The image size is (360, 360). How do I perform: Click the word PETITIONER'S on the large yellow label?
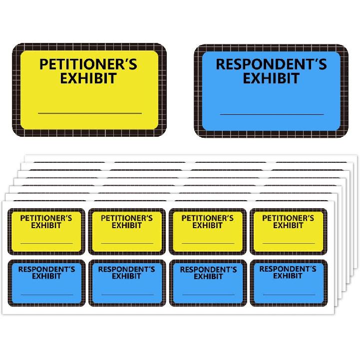click(x=88, y=64)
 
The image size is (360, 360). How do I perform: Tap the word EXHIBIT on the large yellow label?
click(x=88, y=78)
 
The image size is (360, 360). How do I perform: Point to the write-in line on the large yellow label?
click(x=90, y=113)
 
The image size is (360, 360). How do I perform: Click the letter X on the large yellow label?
click(x=73, y=78)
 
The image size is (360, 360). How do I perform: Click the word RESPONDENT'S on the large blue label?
click(x=271, y=64)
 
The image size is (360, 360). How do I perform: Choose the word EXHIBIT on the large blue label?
click(x=271, y=78)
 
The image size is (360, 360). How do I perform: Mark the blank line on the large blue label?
click(x=272, y=114)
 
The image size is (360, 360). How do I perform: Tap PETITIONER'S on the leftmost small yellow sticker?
click(x=46, y=218)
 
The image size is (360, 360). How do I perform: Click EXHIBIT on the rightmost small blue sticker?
click(x=288, y=276)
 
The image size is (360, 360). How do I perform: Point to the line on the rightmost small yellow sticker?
click(x=289, y=243)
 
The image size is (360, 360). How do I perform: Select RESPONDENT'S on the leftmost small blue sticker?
click(x=46, y=269)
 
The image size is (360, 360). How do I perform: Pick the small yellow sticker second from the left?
click(x=127, y=232)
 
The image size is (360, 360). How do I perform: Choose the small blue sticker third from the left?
click(x=208, y=283)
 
